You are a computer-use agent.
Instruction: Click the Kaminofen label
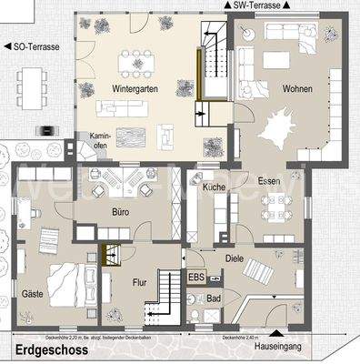click(99, 141)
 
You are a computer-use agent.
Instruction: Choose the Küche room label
click(214, 187)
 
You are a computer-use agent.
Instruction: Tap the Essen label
click(269, 180)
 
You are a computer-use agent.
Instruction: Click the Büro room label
click(121, 212)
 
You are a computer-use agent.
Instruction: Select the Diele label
click(234, 258)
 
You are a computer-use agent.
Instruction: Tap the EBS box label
click(196, 277)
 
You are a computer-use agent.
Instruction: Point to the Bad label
click(215, 298)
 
